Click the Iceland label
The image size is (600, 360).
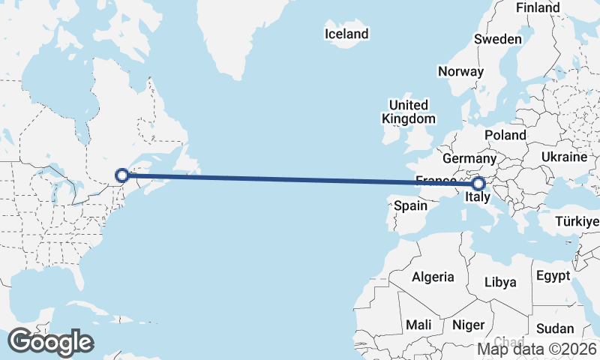tap(346, 34)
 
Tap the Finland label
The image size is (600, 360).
tap(538, 7)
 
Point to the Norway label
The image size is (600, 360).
tap(461, 72)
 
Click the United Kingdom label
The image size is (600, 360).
tap(408, 112)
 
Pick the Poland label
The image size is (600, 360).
tap(505, 134)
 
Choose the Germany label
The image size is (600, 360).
tap(469, 159)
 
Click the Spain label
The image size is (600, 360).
tap(410, 205)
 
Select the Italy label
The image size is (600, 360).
tap(478, 198)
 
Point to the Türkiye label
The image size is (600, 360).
tap(577, 222)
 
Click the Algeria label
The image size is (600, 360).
tap(433, 277)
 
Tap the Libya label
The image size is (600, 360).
tap(501, 283)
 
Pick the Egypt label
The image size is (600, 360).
tap(555, 275)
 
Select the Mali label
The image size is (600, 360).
tap(418, 325)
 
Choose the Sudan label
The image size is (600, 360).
tap(556, 328)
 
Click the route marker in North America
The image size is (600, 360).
tap(122, 175)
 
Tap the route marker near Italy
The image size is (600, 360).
tap(478, 182)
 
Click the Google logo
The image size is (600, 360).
tap(50, 342)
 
